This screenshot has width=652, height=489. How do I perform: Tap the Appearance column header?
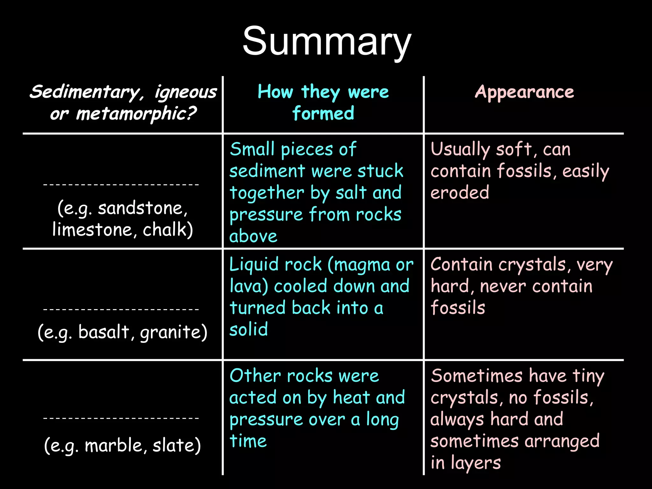524,92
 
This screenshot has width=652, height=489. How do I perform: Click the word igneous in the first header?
186,92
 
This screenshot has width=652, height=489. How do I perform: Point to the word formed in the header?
323,113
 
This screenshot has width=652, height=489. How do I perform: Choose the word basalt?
103,332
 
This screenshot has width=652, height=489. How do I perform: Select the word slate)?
177,445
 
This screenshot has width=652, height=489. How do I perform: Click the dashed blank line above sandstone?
121,184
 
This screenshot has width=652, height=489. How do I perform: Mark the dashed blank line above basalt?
121,309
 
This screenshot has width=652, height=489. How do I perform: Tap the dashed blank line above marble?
121,418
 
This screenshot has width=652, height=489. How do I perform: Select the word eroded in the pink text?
460,193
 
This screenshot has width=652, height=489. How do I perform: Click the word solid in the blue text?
249,329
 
